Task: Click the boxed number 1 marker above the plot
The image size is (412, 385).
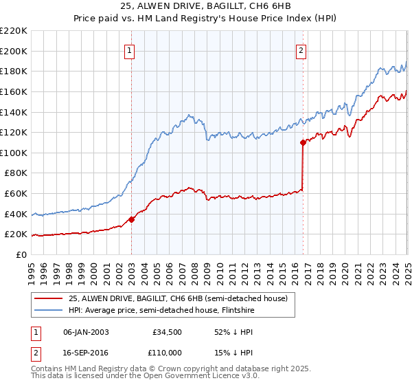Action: [130, 49]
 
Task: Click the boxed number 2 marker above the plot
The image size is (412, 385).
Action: [301, 49]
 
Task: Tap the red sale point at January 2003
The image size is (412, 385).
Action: [131, 219]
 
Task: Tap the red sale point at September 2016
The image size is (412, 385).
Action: [302, 143]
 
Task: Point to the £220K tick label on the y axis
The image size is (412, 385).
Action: [14, 31]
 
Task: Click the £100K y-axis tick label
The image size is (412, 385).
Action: [14, 153]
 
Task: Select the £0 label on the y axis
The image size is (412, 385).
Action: [21, 254]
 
